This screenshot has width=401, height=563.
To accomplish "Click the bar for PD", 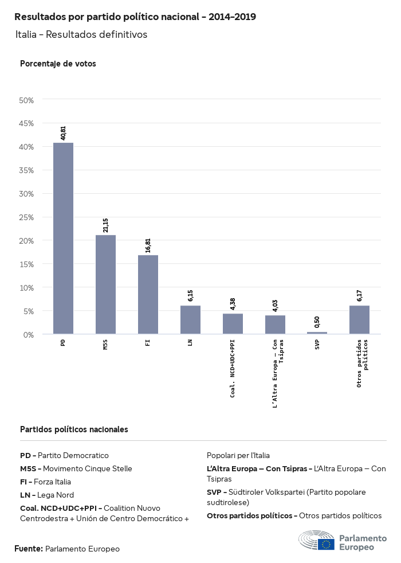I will [x=63, y=238].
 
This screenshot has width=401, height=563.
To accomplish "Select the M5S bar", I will [x=105, y=284].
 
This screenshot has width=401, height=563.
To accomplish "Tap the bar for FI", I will [x=148, y=294].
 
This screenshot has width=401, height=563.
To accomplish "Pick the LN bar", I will [x=190, y=319].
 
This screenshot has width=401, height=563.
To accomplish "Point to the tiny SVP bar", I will [x=317, y=333].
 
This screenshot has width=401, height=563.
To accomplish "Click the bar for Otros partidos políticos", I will [x=359, y=319].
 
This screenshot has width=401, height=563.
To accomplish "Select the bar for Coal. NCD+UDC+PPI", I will [x=233, y=323].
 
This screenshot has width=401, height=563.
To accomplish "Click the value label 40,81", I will [x=63, y=133].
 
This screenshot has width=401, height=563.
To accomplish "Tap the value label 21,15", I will [x=105, y=225].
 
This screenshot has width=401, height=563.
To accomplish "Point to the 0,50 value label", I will [x=317, y=322].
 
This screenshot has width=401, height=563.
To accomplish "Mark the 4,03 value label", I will [x=275, y=305].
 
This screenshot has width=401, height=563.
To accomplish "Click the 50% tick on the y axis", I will [x=27, y=100].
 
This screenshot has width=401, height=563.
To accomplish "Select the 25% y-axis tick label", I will [x=27, y=217].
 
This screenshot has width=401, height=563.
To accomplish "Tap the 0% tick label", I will [x=29, y=334].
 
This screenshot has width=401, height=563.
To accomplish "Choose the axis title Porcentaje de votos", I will [x=58, y=64].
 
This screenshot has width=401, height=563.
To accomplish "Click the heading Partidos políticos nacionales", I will [x=74, y=429].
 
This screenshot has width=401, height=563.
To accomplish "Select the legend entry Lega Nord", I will [x=47, y=495].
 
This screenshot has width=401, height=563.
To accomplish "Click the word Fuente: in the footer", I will [x=28, y=549].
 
